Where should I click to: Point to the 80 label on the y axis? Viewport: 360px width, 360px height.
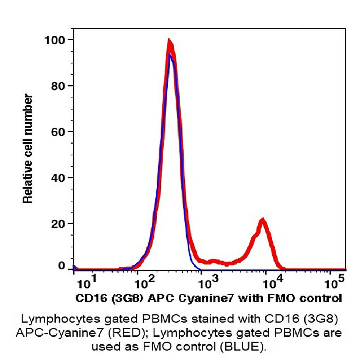58,85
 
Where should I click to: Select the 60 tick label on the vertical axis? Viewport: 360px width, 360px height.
58,132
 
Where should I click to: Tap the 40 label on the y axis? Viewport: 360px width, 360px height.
58,177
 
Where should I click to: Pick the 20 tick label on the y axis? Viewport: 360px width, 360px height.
58,224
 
